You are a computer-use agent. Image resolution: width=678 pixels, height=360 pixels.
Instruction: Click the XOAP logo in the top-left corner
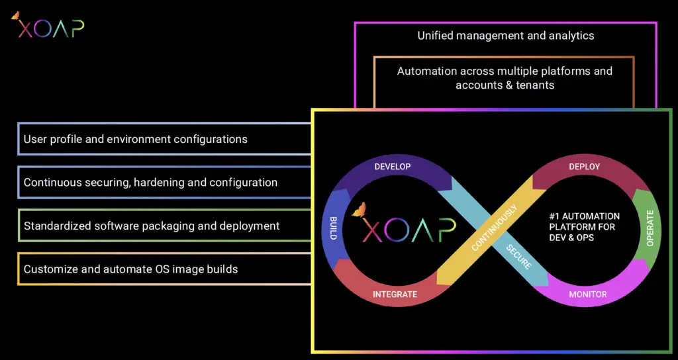click(48, 26)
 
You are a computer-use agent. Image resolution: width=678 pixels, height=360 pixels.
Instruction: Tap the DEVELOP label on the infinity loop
click(393, 167)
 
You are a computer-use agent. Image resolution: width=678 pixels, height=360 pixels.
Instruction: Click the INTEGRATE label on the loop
click(395, 294)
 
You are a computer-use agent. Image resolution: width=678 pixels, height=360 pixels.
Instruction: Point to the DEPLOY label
click(585, 167)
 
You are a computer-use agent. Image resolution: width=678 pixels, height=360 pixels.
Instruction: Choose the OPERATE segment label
click(650, 228)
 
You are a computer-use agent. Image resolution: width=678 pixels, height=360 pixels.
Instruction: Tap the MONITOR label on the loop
click(587, 294)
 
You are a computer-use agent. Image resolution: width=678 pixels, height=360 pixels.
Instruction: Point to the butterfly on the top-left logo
click(15, 15)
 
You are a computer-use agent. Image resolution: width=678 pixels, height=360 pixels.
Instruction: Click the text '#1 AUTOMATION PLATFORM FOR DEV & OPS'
click(585, 226)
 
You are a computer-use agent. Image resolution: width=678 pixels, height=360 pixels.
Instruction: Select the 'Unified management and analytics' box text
click(505, 36)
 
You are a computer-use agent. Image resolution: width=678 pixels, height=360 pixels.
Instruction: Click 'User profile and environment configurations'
click(136, 139)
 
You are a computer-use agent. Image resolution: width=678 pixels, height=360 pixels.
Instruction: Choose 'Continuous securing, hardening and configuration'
click(150, 182)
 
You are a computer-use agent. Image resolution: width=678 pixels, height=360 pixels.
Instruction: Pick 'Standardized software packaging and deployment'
click(152, 226)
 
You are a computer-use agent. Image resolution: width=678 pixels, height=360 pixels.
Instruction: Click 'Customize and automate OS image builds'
click(130, 269)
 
